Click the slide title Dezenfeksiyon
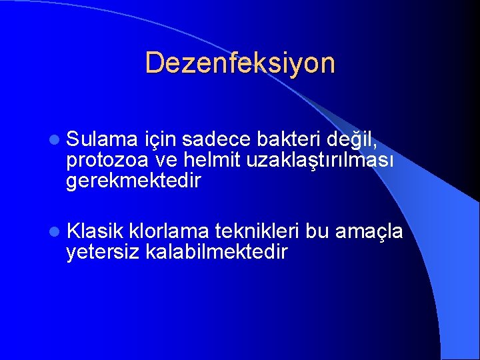(240, 63)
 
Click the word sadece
(216, 139)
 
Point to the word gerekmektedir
(133, 181)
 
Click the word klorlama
(171, 231)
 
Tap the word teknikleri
(257, 231)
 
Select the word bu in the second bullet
(317, 231)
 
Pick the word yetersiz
(103, 252)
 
